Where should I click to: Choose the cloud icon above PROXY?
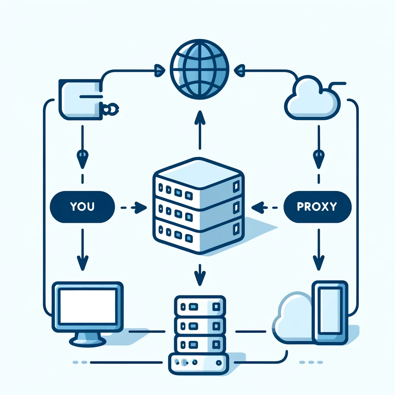312,98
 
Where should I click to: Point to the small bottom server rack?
199,324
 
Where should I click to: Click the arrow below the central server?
199,274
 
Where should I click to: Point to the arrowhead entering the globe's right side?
240,70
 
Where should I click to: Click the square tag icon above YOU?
80,98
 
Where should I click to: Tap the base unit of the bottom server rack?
199,363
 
